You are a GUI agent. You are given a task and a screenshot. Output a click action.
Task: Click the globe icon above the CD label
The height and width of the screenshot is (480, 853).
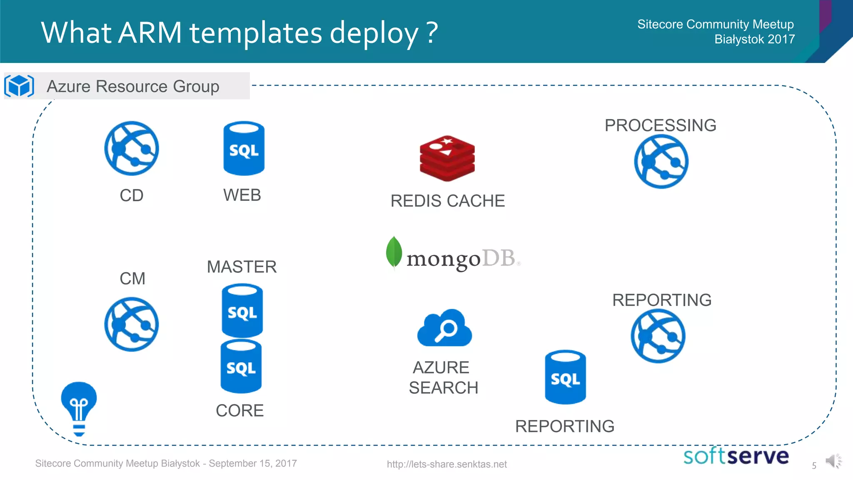pyautogui.click(x=131, y=148)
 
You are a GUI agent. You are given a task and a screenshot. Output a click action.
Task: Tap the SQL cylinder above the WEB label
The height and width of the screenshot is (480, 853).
pyautogui.click(x=244, y=148)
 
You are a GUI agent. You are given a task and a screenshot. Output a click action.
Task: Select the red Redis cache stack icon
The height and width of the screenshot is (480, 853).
pyautogui.click(x=447, y=158)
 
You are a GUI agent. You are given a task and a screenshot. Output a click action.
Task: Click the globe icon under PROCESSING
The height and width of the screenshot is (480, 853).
pyautogui.click(x=661, y=162)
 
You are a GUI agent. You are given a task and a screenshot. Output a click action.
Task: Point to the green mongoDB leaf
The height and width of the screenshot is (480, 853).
pyautogui.click(x=394, y=252)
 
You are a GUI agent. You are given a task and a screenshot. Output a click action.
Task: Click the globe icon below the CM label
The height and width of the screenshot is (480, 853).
pyautogui.click(x=131, y=324)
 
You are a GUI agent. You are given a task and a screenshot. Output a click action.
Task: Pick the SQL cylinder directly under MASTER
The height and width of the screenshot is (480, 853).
pyautogui.click(x=242, y=310)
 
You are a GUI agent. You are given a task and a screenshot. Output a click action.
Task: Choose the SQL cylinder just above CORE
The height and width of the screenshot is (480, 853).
pyautogui.click(x=241, y=367)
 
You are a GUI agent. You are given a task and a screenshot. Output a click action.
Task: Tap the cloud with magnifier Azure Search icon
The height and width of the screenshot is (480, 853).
pyautogui.click(x=444, y=328)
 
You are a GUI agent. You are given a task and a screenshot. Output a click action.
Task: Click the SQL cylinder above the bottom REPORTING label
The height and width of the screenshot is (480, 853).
pyautogui.click(x=565, y=377)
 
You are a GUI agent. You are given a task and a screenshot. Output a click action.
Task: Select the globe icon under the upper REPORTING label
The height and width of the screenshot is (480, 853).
pyautogui.click(x=658, y=336)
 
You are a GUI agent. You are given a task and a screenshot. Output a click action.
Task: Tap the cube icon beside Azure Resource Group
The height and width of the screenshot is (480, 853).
pyautogui.click(x=19, y=86)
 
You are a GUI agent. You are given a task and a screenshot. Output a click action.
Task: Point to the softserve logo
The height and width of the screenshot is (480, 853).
pyautogui.click(x=736, y=456)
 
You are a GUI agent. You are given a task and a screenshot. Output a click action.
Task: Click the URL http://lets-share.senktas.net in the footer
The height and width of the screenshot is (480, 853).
pyautogui.click(x=446, y=464)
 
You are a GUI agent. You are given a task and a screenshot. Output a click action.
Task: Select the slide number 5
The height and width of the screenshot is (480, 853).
pyautogui.click(x=814, y=465)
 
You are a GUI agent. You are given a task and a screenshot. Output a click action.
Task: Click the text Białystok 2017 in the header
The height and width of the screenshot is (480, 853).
pyautogui.click(x=754, y=39)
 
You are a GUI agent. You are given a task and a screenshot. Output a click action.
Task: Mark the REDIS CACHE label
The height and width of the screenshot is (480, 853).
pyautogui.click(x=447, y=201)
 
